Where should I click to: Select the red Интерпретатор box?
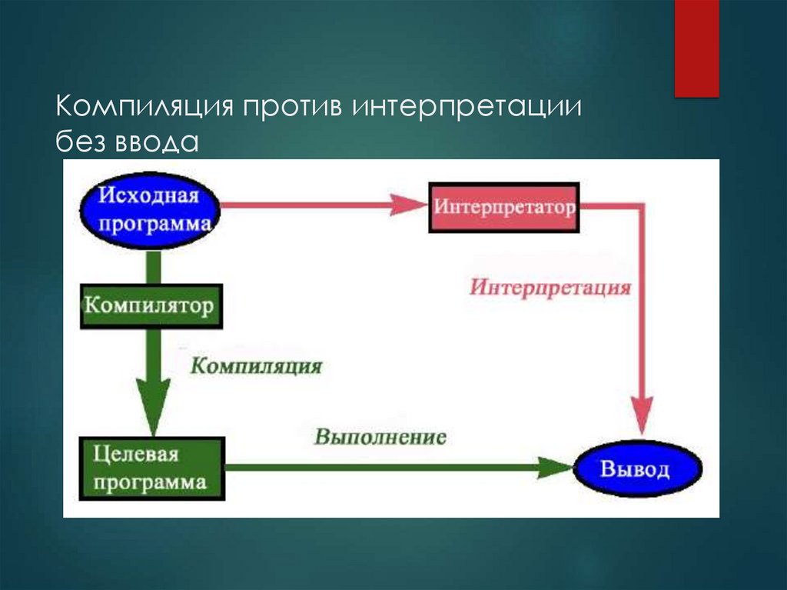pos(504,208)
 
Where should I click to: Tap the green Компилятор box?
pos(151,306)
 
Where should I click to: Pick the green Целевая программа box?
pos(151,468)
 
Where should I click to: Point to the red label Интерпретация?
pos(550,288)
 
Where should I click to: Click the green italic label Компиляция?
pos(256,365)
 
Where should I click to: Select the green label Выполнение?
pos(380,438)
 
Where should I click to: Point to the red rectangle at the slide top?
pos(696,48)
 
